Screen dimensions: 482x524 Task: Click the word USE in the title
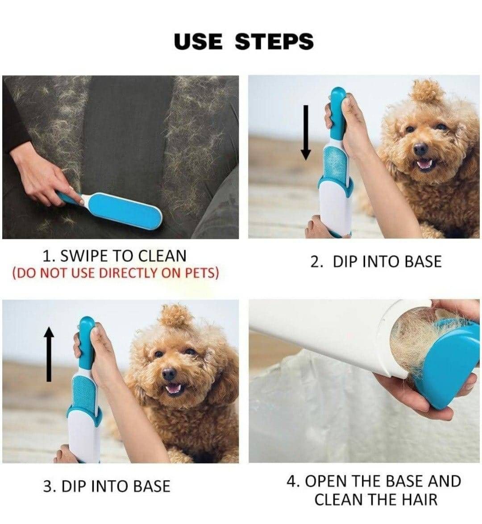(198, 42)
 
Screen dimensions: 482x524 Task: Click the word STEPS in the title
(274, 42)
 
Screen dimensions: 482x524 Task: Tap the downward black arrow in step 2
(306, 132)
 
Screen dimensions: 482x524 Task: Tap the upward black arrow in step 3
(49, 354)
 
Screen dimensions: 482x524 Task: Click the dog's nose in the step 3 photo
(169, 373)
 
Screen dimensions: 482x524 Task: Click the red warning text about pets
(116, 272)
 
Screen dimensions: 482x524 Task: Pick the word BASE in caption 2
(423, 261)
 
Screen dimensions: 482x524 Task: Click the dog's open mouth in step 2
(424, 164)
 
